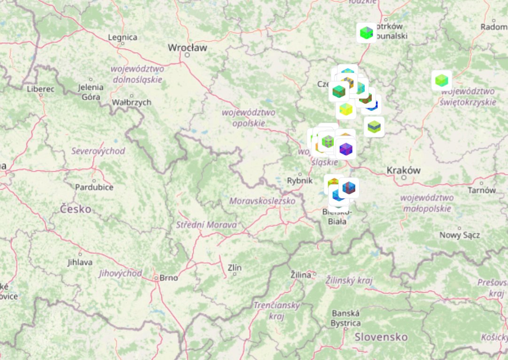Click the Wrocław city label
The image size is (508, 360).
[188, 47]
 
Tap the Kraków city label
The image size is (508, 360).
[403, 170]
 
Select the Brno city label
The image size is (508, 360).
[168, 277]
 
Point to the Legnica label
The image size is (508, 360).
[123, 37]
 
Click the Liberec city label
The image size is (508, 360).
[41, 88]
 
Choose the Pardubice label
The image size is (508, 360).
[94, 187]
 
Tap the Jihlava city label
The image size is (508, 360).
[80, 262]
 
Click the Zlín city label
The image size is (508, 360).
[234, 268]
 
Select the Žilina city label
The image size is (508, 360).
[301, 274]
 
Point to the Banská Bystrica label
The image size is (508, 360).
[346, 318]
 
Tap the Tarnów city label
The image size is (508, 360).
[482, 190]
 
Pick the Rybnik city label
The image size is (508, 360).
[299, 180]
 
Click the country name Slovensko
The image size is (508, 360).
[381, 337]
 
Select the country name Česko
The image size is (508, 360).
[76, 209]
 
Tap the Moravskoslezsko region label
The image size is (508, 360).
[262, 201]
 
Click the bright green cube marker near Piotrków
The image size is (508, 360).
[366, 33]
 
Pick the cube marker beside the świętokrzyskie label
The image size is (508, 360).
[441, 80]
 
